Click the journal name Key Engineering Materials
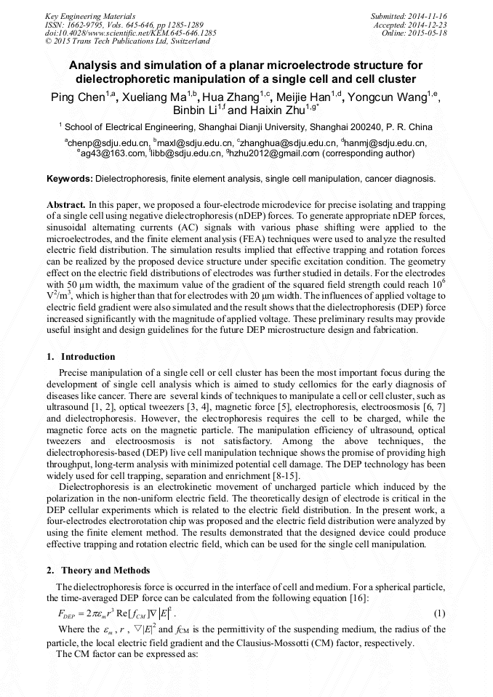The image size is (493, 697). [90, 15]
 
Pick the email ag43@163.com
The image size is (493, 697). [104, 153]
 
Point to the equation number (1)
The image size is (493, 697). [440, 614]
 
